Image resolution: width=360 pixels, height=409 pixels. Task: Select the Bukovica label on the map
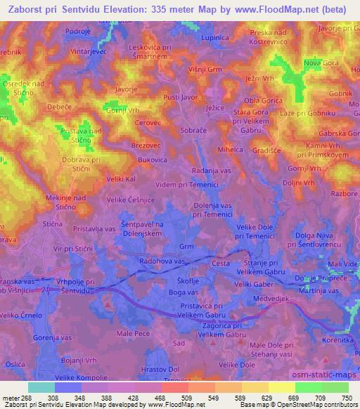pyautogui.click(x=153, y=160)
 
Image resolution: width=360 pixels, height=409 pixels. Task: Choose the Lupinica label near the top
pyautogui.click(x=216, y=37)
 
